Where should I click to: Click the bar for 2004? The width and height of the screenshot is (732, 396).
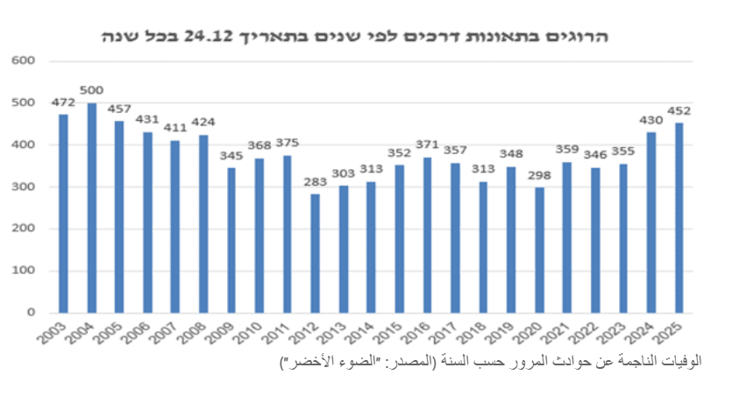[x=91, y=207]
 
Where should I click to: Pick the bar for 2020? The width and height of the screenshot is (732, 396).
[x=538, y=249]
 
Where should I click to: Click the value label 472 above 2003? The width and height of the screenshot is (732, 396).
[x=63, y=103]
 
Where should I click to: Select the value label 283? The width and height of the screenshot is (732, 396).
[x=315, y=183]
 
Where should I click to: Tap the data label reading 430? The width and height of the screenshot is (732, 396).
[x=651, y=121]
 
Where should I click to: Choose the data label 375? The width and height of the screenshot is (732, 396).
[x=287, y=143]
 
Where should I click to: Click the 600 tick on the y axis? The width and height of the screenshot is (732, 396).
[x=24, y=60]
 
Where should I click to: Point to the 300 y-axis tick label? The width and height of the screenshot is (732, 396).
[x=24, y=187]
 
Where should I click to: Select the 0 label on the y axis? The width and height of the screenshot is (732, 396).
[x=31, y=312]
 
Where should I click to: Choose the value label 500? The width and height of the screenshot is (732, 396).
[x=91, y=90]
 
